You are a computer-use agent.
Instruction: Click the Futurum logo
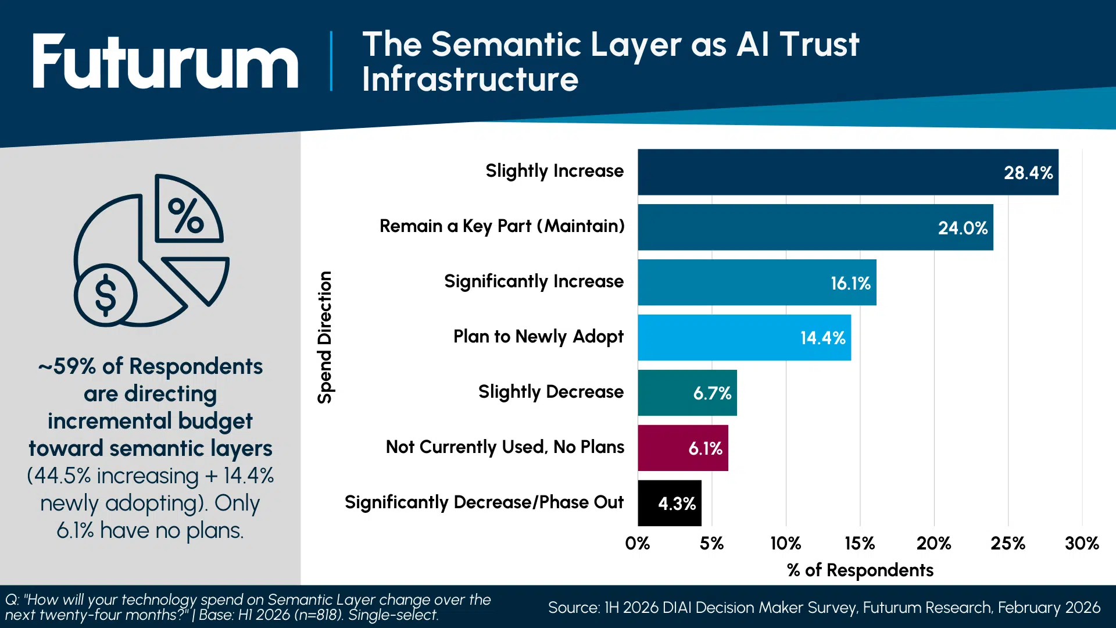tap(166, 62)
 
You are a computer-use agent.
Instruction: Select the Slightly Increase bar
tap(847, 172)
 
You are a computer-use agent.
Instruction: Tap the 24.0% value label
tap(963, 228)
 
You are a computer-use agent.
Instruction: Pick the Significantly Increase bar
tap(757, 283)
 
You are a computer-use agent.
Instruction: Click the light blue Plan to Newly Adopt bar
tap(744, 338)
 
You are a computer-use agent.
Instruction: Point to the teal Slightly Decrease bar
tap(687, 393)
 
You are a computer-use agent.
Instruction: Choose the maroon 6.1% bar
tap(682, 448)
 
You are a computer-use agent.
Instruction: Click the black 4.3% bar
tap(669, 503)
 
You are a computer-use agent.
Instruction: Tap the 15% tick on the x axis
tap(860, 544)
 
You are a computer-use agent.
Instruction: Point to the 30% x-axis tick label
tap(1082, 544)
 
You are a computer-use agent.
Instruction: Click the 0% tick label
tap(638, 544)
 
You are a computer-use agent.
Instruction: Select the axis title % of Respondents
tap(860, 570)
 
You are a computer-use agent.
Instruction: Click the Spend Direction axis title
tap(325, 337)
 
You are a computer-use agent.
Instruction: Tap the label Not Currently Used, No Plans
tap(505, 447)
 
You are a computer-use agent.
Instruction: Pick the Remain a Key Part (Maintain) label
tap(502, 226)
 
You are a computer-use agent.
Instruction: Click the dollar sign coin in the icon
tap(106, 295)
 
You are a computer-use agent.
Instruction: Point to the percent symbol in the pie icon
tap(185, 216)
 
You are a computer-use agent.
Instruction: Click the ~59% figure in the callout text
tap(67, 367)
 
